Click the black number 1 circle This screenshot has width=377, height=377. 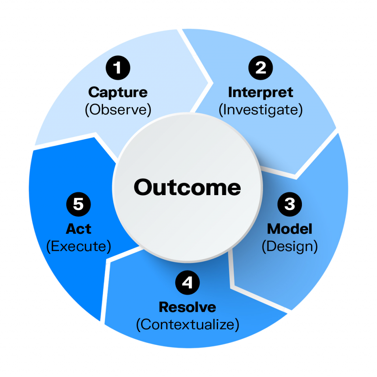point(118,68)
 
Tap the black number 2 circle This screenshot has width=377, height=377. point(261,68)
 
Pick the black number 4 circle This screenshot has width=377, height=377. point(187,283)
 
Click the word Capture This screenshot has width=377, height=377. point(118,92)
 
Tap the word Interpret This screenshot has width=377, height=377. point(261,92)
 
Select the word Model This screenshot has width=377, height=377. point(290,229)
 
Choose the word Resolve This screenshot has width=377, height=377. point(187,307)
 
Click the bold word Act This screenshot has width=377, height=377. point(78,229)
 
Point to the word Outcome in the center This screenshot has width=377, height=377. point(187,187)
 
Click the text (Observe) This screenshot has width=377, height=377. point(118,110)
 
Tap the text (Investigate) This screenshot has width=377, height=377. point(261,110)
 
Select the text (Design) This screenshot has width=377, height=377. point(290,247)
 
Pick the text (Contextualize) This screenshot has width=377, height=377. point(187,325)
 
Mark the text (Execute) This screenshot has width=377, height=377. point(78,247)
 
